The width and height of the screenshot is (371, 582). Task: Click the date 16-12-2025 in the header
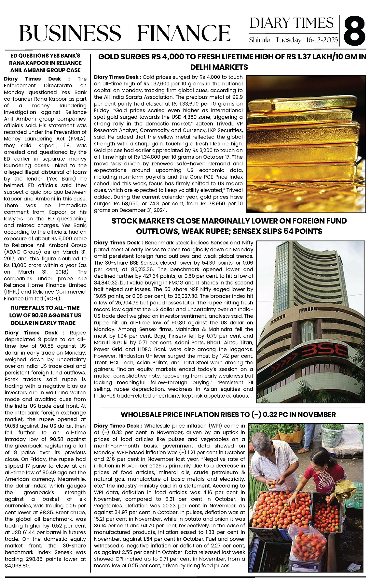click(322, 40)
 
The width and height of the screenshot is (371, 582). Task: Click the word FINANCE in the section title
click(184, 33)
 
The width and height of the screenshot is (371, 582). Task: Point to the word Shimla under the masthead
click(260, 40)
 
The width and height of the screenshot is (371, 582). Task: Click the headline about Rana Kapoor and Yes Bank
click(45, 63)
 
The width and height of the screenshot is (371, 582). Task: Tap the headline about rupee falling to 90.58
click(45, 315)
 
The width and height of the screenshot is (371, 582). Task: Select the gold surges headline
click(232, 62)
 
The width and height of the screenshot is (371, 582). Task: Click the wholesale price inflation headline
click(228, 415)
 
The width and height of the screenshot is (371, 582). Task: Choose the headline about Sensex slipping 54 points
click(229, 226)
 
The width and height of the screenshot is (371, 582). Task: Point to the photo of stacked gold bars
click(304, 143)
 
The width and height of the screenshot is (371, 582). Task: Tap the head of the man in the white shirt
click(269, 442)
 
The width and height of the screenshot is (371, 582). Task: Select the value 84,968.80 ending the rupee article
click(18, 565)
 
